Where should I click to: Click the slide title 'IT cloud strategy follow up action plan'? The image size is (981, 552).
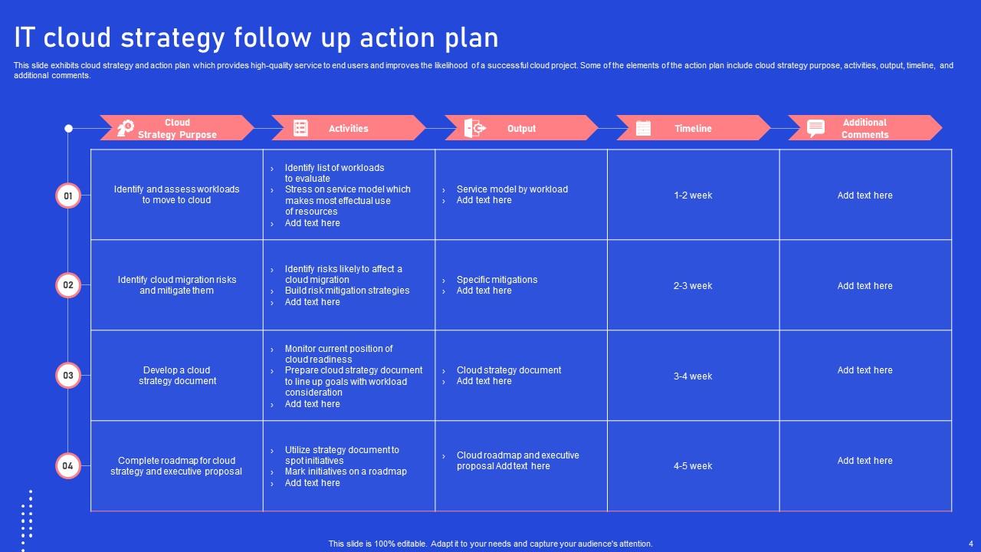tap(256, 37)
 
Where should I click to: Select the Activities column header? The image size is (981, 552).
tap(348, 129)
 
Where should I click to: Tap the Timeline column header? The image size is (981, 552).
tap(693, 129)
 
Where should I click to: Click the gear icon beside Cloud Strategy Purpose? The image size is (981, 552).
tap(126, 128)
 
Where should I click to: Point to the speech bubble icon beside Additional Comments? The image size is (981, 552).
tap(816, 128)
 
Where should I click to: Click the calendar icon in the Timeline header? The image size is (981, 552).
tap(643, 128)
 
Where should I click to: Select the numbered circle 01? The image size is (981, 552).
tap(68, 195)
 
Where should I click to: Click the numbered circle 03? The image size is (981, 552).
tap(68, 376)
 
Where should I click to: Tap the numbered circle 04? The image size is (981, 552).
tap(68, 465)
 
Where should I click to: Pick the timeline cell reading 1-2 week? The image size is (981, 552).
tap(693, 195)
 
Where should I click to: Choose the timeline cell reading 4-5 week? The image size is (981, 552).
tap(693, 466)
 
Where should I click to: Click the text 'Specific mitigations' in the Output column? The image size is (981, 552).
tap(497, 280)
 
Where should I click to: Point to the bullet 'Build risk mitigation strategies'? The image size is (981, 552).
tap(347, 291)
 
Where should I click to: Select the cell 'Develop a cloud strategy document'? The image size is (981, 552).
tap(177, 376)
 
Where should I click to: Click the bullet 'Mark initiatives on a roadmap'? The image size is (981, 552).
tap(346, 472)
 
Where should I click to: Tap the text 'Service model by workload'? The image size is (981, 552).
tap(512, 189)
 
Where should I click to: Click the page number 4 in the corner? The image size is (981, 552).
tap(970, 544)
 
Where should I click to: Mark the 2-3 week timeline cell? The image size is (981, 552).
tap(693, 286)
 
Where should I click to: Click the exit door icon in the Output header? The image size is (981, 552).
tap(474, 128)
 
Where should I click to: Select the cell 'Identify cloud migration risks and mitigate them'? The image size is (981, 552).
tap(177, 285)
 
